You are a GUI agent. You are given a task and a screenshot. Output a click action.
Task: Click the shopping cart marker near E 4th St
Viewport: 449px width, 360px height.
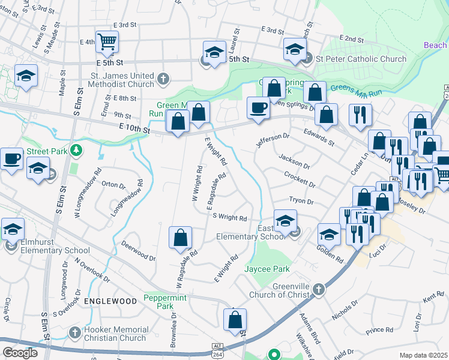click(x=107, y=42)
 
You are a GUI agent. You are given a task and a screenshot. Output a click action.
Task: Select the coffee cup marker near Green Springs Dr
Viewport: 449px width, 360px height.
click(x=258, y=107)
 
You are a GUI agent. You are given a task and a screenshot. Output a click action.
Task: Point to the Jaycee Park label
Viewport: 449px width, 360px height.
click(x=267, y=269)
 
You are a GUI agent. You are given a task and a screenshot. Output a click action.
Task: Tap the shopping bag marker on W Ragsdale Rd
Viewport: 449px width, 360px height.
click(x=180, y=238)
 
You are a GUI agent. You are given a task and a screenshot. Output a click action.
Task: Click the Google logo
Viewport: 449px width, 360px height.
click(x=20, y=353)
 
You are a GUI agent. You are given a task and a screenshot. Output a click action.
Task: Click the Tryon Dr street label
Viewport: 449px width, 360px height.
click(x=301, y=202)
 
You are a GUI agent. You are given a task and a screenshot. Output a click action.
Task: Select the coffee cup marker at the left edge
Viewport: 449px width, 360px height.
click(x=11, y=159)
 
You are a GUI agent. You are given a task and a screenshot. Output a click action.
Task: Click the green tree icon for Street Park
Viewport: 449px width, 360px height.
click(x=76, y=149)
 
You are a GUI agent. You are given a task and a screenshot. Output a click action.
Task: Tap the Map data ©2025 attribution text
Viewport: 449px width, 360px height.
click(x=424, y=355)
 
